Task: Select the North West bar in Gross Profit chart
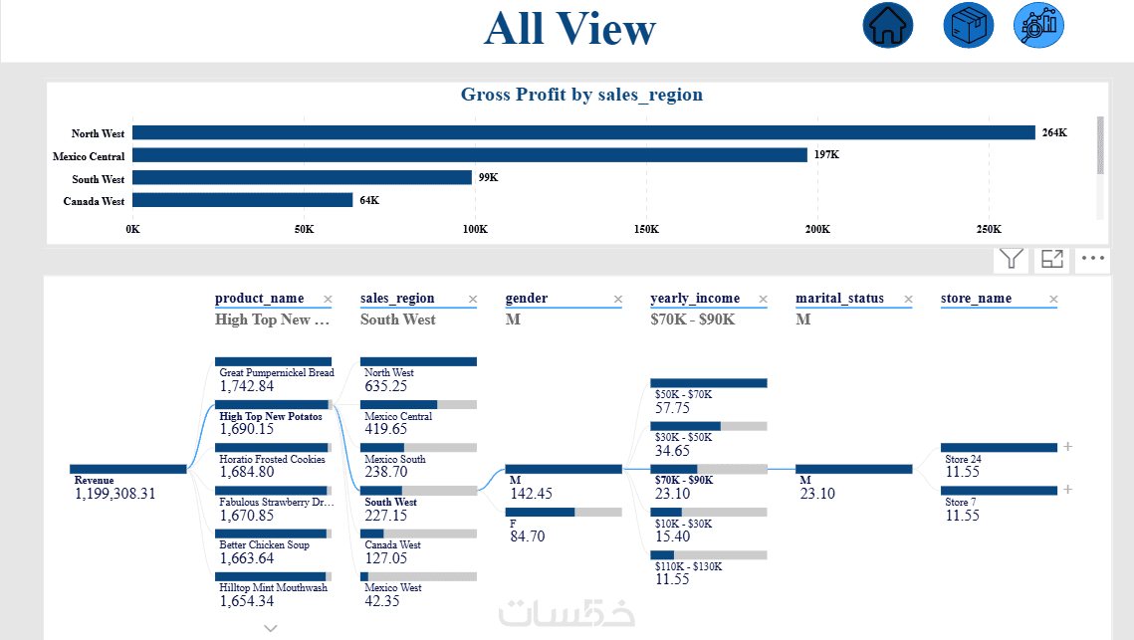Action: pos(583,132)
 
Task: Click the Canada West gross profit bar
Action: pos(242,200)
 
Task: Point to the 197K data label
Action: pos(826,155)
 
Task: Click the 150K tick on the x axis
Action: pos(646,229)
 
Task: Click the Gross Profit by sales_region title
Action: pos(581,95)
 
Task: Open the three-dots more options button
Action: pos(1093,259)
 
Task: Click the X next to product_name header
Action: pos(328,299)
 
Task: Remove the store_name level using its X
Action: pos(1053,299)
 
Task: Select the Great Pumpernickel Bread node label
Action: pos(277,373)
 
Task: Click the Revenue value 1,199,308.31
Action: pos(115,494)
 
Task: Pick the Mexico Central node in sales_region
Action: pos(398,416)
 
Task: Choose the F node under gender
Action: pos(514,523)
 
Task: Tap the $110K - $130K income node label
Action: pos(689,565)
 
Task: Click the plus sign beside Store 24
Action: pos(1068,447)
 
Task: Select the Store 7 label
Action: pos(960,502)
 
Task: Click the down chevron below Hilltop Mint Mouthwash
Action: pos(270,628)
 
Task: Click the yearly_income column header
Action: pos(695,299)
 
